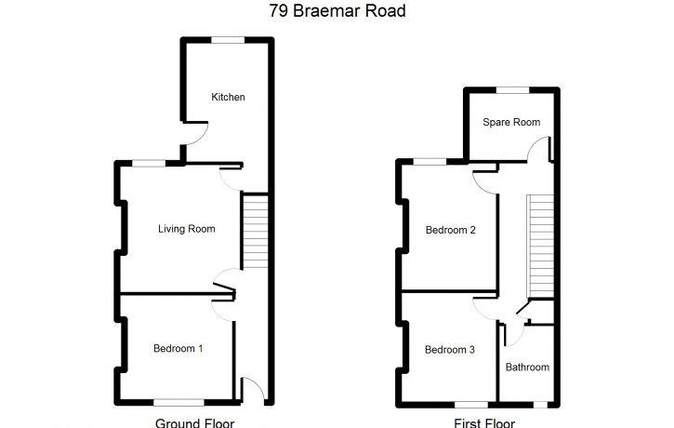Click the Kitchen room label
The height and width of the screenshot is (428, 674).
click(228, 97)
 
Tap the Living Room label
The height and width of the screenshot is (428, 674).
click(187, 229)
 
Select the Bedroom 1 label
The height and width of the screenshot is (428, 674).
click(178, 348)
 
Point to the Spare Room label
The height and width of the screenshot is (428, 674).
click(511, 122)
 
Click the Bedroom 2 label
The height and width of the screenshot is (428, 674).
click(451, 230)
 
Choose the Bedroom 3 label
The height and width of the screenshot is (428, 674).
click(450, 350)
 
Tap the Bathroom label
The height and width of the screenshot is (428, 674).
click(527, 368)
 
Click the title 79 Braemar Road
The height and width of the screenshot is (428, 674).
click(337, 11)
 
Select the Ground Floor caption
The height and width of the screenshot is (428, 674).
click(194, 423)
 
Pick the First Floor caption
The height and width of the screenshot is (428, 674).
click(484, 423)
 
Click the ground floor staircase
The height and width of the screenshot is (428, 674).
click(256, 232)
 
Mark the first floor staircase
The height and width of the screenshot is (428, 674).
click(540, 246)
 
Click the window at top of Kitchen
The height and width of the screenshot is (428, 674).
click(228, 40)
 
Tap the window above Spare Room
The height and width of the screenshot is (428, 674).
click(512, 90)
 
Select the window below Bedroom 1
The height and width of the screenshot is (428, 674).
click(178, 403)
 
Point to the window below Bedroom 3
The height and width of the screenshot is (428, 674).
click(471, 405)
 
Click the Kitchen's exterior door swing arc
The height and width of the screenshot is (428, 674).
click(204, 137)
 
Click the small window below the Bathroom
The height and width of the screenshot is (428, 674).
click(540, 405)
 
